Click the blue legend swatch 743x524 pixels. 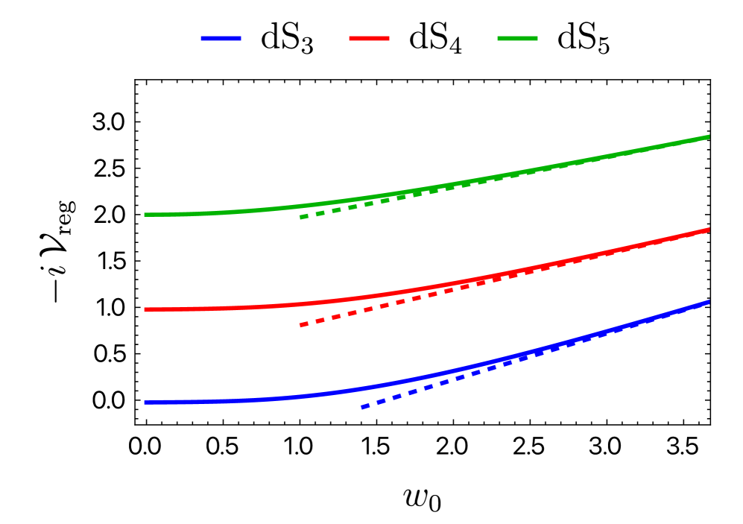pos(221,38)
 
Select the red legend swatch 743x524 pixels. pos(369,38)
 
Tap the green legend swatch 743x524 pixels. pos(517,38)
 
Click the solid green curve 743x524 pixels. pos(224,212)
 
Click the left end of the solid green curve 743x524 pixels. pos(145,215)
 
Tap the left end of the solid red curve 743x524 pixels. pos(145,309)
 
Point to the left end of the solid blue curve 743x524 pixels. pos(145,403)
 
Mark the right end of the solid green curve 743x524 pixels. pos(709,136)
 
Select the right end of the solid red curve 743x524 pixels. pos(709,230)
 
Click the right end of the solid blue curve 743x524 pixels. pos(709,302)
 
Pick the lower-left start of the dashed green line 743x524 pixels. pos(300,218)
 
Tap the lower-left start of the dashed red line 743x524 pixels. pos(300,326)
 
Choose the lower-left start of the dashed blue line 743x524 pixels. pos(361,408)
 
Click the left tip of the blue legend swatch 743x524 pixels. pos(201,38)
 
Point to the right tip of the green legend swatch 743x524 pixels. pos(537,38)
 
